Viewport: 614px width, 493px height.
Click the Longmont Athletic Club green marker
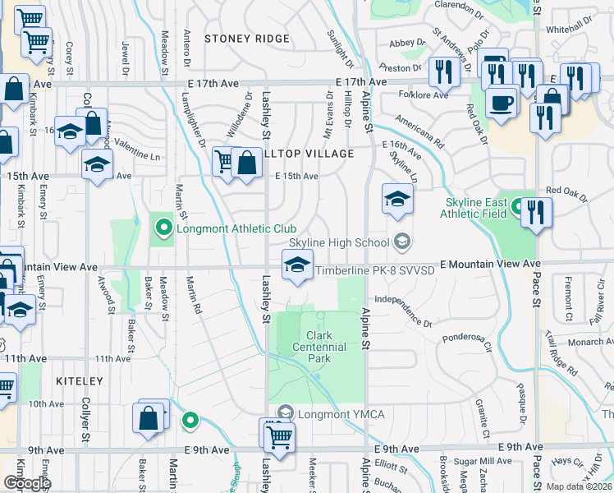pyautogui.click(x=163, y=228)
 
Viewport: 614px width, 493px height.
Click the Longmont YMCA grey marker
pyautogui.click(x=285, y=412)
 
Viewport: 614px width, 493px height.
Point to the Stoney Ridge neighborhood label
pyautogui.click(x=247, y=39)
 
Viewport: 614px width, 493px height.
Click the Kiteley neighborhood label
pyautogui.click(x=79, y=381)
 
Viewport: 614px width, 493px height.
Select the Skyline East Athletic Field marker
pyautogui.click(x=517, y=206)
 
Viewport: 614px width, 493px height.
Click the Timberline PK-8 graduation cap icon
pyautogui.click(x=297, y=264)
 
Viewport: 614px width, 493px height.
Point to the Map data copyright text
pyautogui.click(x=580, y=486)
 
